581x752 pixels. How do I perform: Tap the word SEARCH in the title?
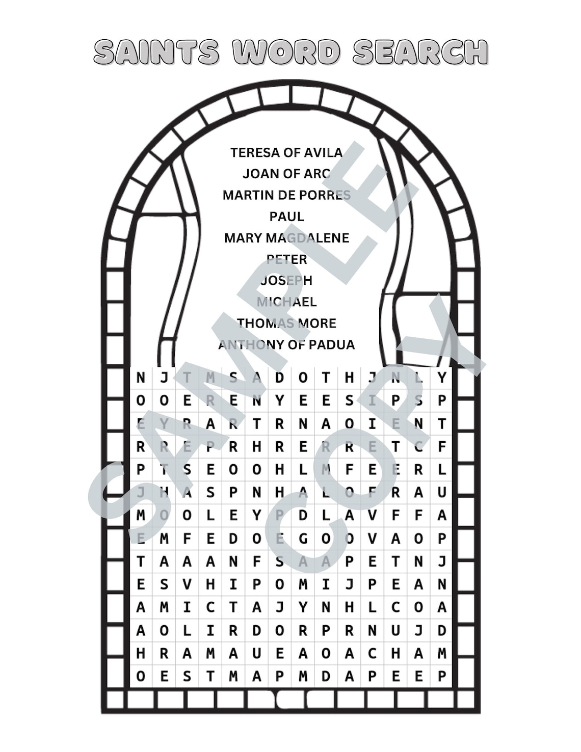420,52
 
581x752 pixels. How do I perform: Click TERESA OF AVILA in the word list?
286,152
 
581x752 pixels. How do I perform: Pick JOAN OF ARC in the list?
286,174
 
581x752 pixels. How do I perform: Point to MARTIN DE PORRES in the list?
286,195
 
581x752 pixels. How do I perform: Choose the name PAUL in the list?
286,217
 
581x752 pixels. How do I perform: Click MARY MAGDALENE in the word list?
286,238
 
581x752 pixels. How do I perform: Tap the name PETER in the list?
286,259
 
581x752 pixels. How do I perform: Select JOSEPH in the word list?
286,281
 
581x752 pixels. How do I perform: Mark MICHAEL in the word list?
286,302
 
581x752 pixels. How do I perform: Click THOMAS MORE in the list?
286,324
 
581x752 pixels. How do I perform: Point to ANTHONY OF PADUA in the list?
286,345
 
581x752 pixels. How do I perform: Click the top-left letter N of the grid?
141,378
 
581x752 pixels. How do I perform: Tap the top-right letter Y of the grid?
442,378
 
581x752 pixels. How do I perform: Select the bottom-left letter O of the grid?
141,676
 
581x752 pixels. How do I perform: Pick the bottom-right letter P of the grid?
442,676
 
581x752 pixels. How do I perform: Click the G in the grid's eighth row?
303,539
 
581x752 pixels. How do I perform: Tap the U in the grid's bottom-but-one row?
256,653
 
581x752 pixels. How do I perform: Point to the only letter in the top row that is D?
280,378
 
